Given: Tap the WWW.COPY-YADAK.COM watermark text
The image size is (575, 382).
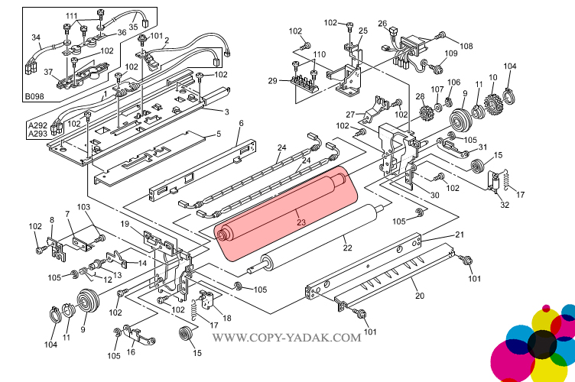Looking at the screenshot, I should (x=286, y=337).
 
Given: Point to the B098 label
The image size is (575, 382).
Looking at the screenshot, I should (x=34, y=97).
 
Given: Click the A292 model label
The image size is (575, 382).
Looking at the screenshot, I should (x=38, y=125).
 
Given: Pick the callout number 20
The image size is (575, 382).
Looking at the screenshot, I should (x=420, y=296).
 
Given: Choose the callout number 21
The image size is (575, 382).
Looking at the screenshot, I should (x=460, y=235).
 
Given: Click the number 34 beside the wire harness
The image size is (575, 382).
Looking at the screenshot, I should (x=35, y=37).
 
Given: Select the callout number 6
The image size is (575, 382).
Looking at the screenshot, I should (x=241, y=123).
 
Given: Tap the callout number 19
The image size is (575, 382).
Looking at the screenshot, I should (x=125, y=223).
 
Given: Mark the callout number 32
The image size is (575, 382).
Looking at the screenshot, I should (x=504, y=205).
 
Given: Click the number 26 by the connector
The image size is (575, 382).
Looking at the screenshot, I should (x=382, y=24).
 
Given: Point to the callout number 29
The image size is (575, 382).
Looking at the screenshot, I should (x=273, y=81).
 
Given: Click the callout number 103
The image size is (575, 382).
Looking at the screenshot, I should (x=84, y=207).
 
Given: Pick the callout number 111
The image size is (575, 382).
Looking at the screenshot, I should (x=71, y=16).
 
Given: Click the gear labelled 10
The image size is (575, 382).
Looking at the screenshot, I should (x=493, y=99).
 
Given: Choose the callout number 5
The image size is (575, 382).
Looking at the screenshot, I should (x=218, y=134).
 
